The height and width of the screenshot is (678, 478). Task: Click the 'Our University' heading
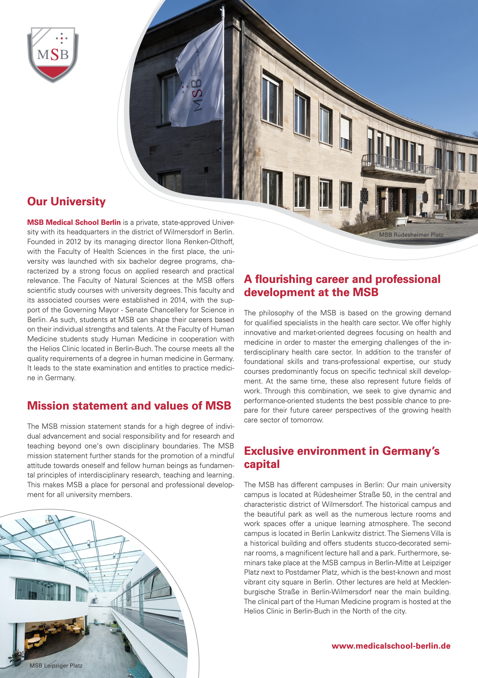click(x=67, y=201)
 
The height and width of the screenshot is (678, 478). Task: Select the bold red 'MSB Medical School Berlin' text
click(x=74, y=222)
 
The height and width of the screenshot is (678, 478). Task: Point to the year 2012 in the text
click(x=74, y=242)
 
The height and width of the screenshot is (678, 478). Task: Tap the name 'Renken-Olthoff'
click(x=209, y=242)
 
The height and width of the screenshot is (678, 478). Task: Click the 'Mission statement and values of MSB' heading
click(x=129, y=406)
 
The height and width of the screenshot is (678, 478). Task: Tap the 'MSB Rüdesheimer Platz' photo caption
click(x=411, y=235)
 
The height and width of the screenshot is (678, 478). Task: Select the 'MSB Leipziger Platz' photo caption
click(x=56, y=666)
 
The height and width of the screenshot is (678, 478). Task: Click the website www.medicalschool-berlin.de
click(x=391, y=646)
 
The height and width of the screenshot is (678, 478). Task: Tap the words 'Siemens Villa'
click(x=418, y=533)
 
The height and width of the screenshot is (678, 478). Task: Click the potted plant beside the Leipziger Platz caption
click(x=15, y=657)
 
